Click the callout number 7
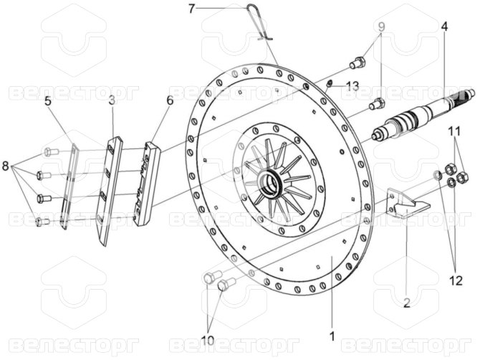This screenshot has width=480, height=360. [191, 9]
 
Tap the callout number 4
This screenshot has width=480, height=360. [444, 27]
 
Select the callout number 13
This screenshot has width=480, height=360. [352, 86]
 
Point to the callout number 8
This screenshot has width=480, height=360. [6, 166]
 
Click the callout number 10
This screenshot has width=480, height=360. [208, 341]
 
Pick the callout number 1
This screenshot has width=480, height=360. [332, 336]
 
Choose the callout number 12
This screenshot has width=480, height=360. [456, 280]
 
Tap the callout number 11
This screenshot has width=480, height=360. [454, 132]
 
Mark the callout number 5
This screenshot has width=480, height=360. [49, 101]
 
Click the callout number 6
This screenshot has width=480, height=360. [171, 100]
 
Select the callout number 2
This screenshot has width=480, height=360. [406, 303]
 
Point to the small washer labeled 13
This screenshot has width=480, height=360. [330, 83]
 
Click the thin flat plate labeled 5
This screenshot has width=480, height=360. [69, 186]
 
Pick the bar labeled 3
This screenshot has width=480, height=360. [110, 191]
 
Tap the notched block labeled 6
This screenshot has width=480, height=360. [148, 184]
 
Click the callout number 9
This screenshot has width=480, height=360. [381, 27]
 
